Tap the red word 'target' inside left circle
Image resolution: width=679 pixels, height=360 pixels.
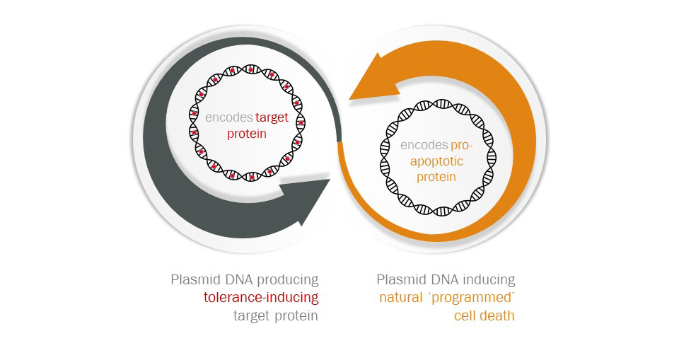tap(272, 117)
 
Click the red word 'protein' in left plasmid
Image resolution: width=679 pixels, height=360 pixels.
tap(247, 133)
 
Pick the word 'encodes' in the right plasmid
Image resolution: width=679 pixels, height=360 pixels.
tap(424, 146)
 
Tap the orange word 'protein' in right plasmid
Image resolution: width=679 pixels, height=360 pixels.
tap(436, 177)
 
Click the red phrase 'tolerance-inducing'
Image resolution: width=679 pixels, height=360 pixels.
tap(261, 297)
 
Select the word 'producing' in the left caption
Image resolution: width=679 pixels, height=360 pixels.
tap(290, 279)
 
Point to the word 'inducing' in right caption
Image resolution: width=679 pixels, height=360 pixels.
tap(489, 279)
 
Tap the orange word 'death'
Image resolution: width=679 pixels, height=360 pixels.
tap(498, 315)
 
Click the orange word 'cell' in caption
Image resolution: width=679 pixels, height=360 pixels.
tap(465, 315)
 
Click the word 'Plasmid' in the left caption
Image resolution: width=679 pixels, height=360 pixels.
tap(195, 279)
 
